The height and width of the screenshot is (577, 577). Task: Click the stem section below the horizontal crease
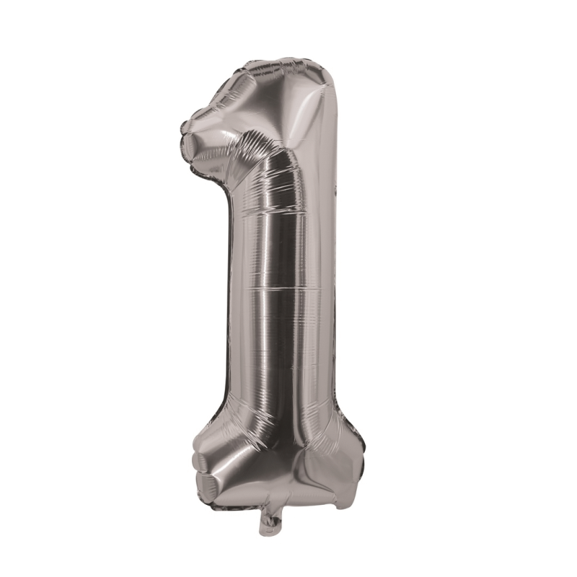pyautogui.click(x=285, y=353)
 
